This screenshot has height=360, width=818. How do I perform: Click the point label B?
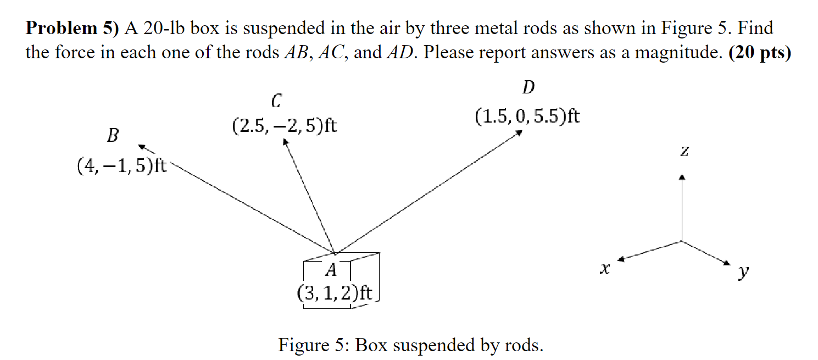tap(113, 136)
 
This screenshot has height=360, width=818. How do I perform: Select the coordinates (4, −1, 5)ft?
tap(122, 165)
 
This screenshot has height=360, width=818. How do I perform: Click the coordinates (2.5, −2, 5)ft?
tap(285, 126)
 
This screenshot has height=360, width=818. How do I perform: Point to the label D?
tap(528, 87)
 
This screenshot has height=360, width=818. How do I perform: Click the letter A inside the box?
tap(331, 270)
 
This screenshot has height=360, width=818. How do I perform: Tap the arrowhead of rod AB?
tap(142, 146)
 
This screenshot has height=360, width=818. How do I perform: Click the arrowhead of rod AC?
tap(285, 142)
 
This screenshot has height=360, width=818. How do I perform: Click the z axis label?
tap(683, 151)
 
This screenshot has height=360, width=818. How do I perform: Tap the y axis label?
tap(744, 272)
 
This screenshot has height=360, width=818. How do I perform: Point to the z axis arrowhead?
tap(682, 177)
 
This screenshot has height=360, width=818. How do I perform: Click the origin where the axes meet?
tap(682, 241)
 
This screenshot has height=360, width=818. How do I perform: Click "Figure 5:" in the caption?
tap(314, 345)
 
